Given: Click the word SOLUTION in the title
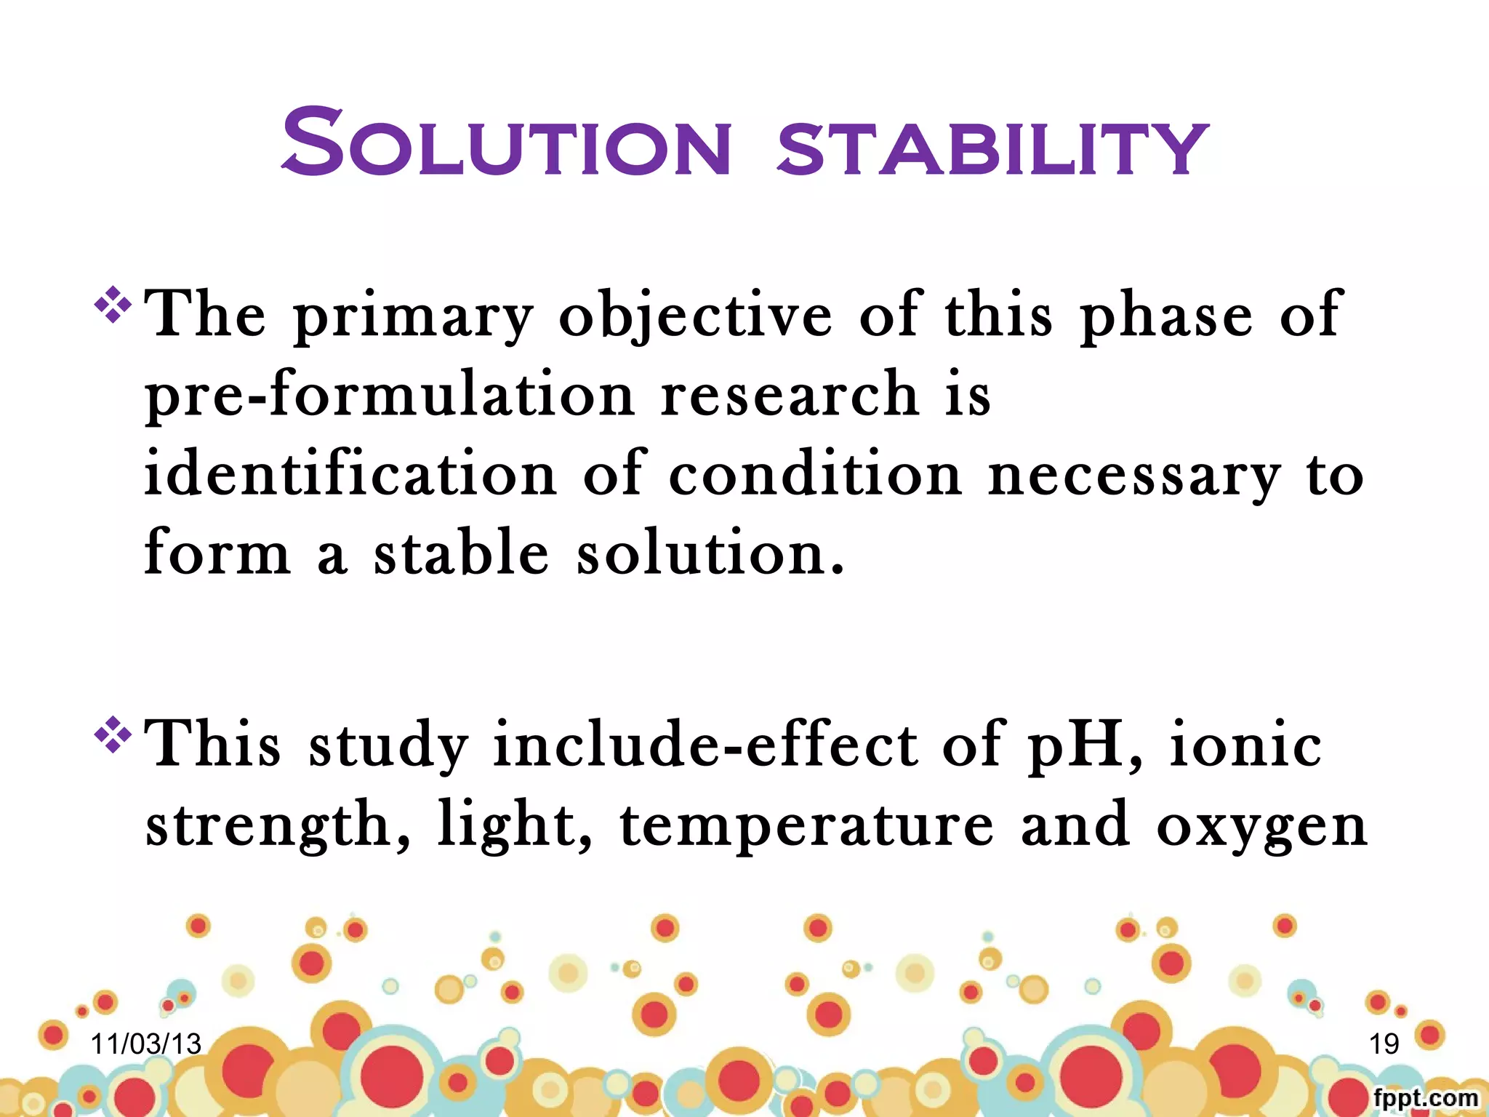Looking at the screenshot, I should click(506, 143).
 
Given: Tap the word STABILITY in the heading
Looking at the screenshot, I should click(992, 148).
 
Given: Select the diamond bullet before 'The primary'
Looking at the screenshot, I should click(113, 305).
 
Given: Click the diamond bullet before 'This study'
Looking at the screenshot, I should click(113, 734).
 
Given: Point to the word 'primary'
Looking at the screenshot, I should click(413, 317).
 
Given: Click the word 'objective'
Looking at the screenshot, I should click(695, 317).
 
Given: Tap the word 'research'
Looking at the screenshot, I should click(790, 394).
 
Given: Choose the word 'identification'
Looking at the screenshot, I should click(350, 474).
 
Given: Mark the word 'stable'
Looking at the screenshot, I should click(461, 553).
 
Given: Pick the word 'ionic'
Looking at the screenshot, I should click(1245, 745).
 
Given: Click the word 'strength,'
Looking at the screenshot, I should click(278, 826).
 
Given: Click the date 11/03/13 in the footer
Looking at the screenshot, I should click(145, 1044).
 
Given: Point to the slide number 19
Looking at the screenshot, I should click(1384, 1044).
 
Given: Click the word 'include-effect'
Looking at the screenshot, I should click(705, 745).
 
